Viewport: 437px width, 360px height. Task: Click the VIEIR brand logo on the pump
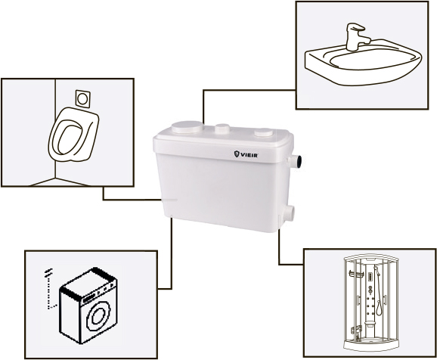coord(246,154)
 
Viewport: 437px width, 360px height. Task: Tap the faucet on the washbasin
coord(357,37)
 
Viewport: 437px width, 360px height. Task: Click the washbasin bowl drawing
coord(363,62)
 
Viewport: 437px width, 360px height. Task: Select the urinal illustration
coord(73,135)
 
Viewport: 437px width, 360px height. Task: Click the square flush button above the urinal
coord(82,98)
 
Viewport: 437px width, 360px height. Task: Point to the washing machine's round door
coord(98,315)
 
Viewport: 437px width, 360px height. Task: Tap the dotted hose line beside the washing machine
coord(50,289)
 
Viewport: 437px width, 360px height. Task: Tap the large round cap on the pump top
coord(187,127)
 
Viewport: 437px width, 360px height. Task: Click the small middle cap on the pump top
coord(222,129)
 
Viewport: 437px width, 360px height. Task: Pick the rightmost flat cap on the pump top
coord(264,132)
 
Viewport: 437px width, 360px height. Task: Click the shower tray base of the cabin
coord(370,345)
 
